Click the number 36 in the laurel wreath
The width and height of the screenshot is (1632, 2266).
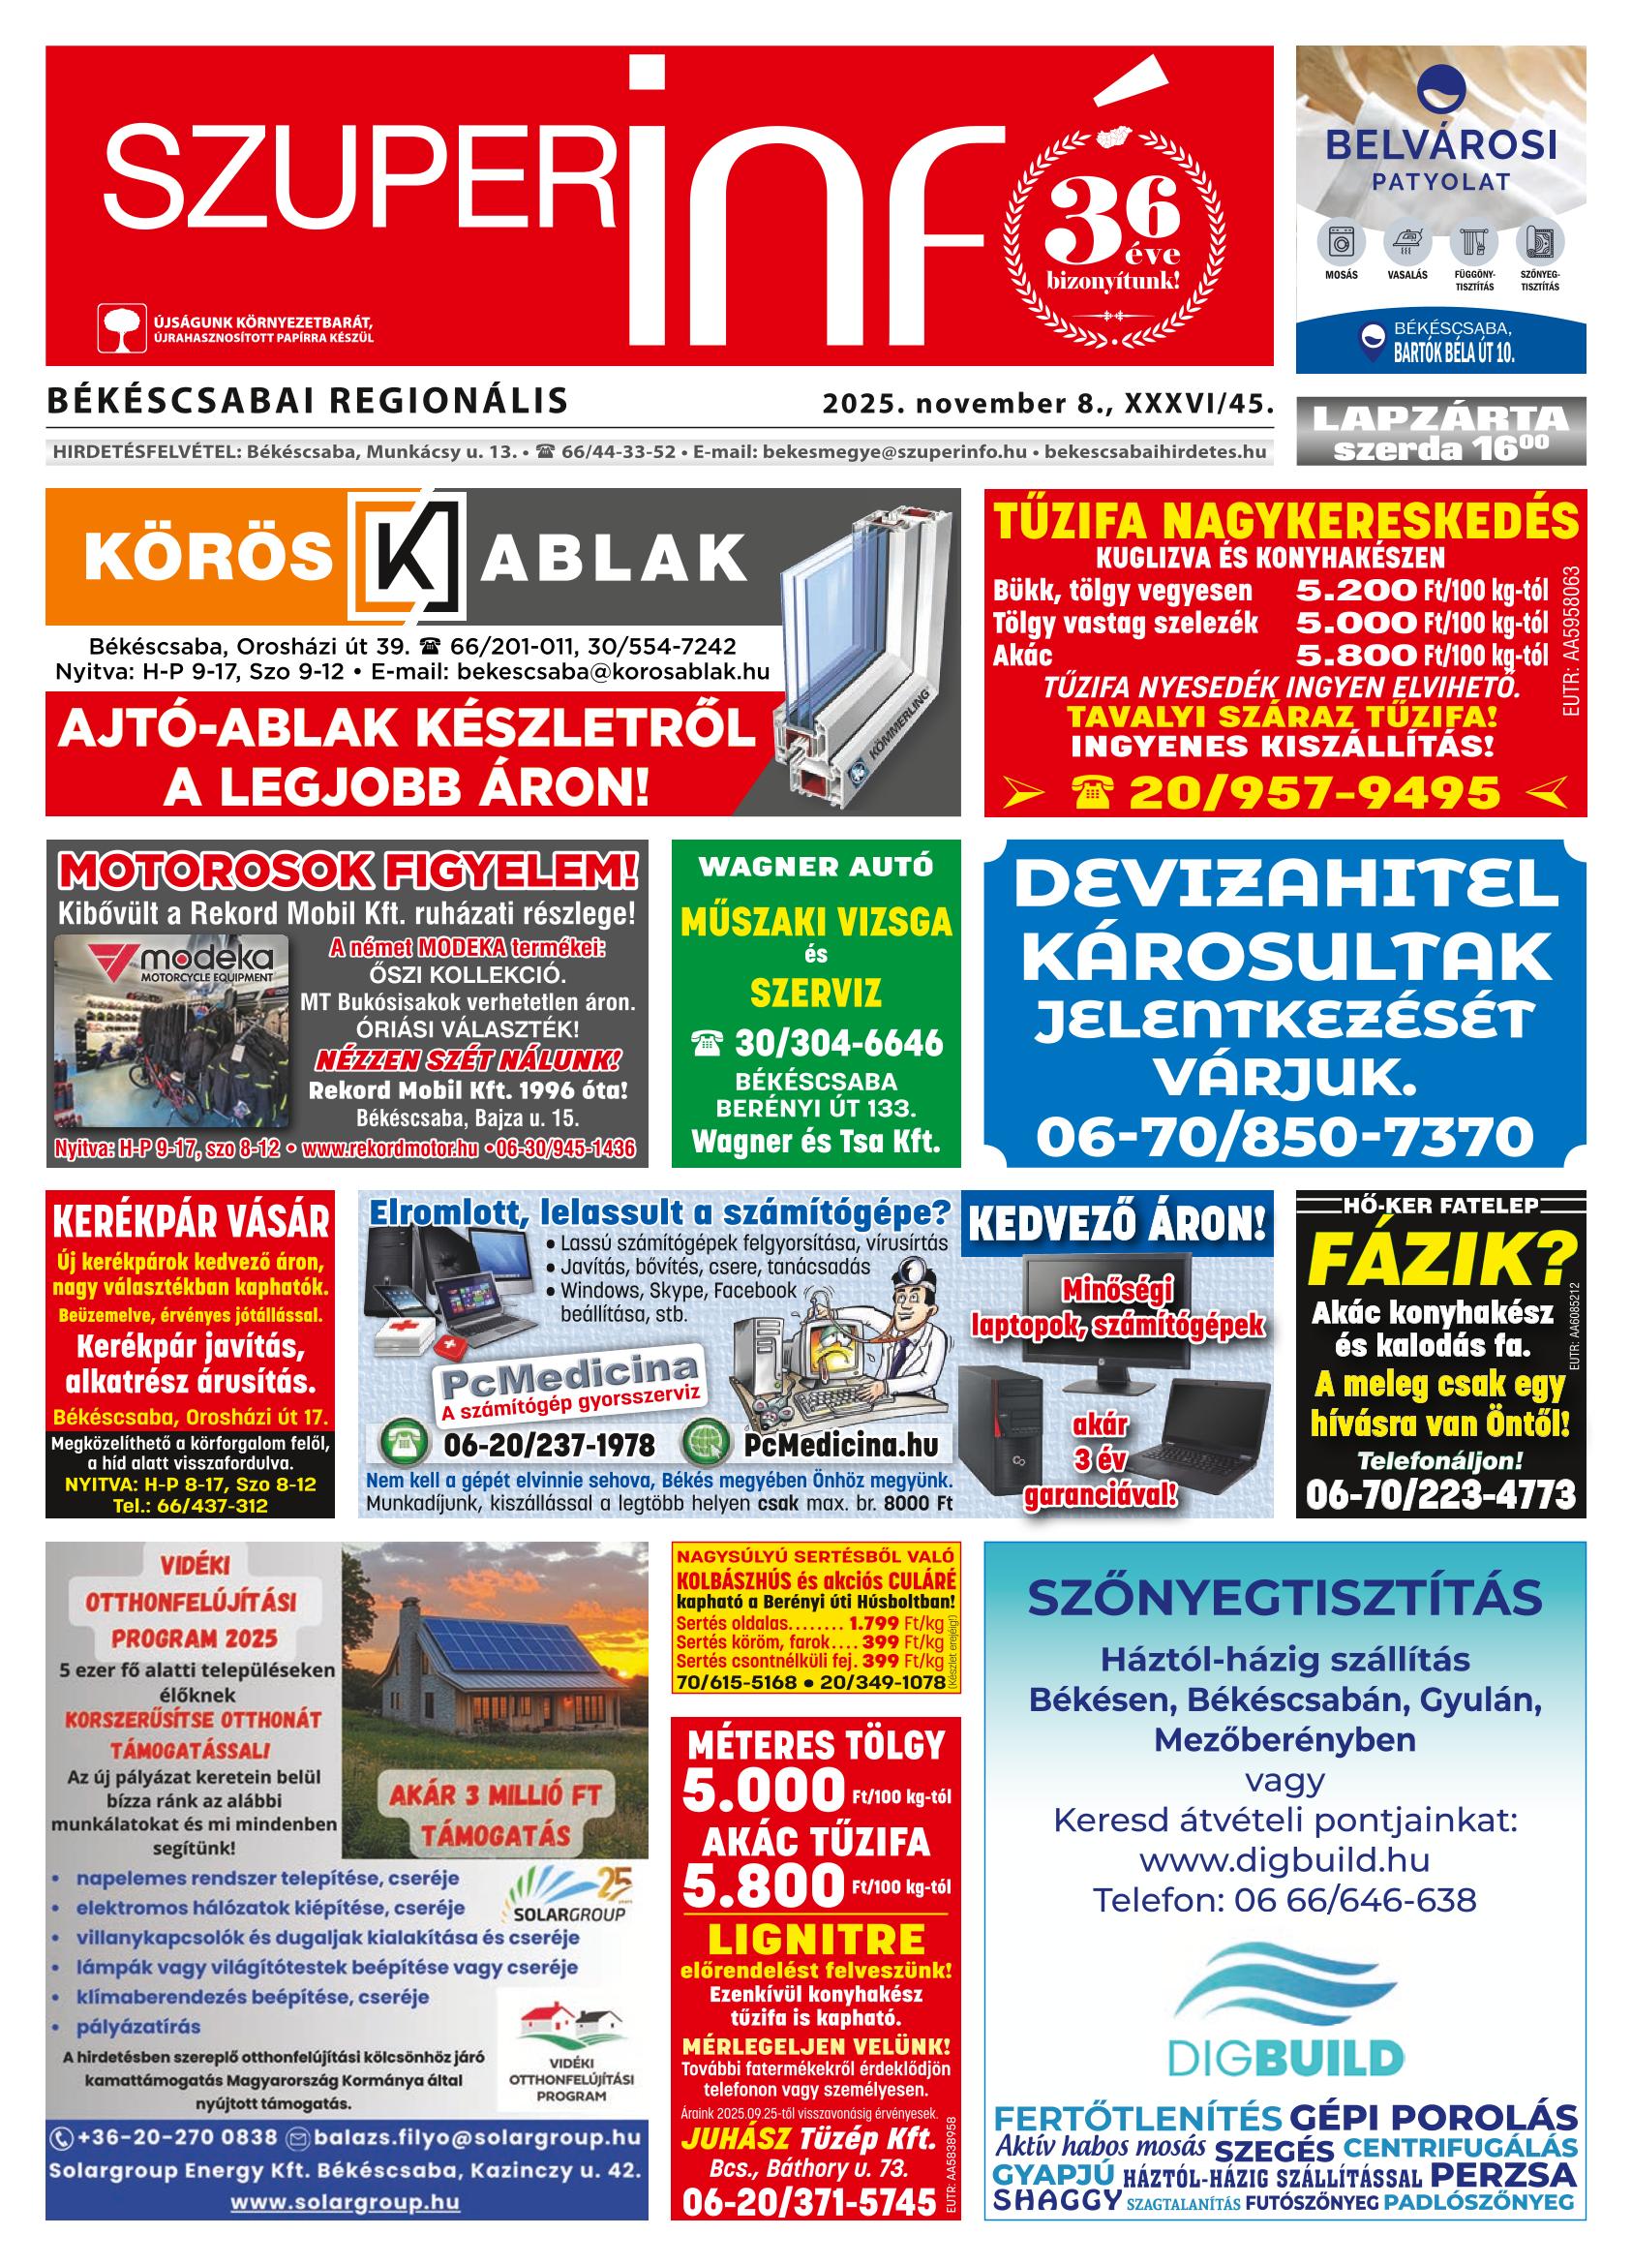1111,212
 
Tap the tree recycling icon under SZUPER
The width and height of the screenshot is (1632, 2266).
121,328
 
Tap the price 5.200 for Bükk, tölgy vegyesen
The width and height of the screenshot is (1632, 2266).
1355,591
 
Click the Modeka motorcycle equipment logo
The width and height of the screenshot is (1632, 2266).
171,965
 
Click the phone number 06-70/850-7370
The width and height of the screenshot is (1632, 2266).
1284,1136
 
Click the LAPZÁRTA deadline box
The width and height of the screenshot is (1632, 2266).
1440,432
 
